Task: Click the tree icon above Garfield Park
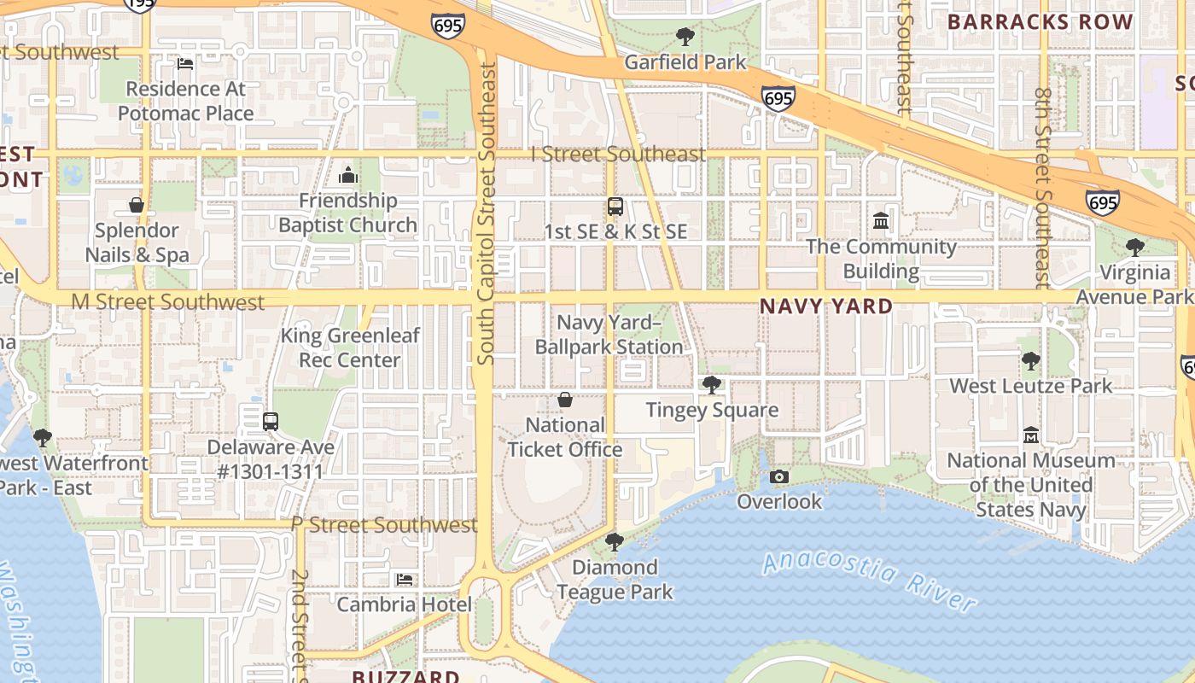click(685, 37)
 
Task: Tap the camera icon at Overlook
click(779, 477)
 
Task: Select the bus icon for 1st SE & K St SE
click(615, 207)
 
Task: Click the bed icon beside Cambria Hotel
click(405, 580)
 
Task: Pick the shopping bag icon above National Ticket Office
click(564, 400)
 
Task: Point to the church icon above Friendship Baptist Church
click(347, 176)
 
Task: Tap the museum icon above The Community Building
click(881, 222)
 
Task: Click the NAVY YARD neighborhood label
click(826, 306)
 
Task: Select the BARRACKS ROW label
click(1041, 22)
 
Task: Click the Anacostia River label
click(869, 581)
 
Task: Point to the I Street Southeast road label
click(618, 154)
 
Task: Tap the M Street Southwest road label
click(168, 302)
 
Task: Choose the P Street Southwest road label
click(384, 524)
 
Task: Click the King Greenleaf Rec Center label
click(350, 347)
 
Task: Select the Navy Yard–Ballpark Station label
click(609, 335)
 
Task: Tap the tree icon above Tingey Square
click(711, 385)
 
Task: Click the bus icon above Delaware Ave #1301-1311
click(271, 422)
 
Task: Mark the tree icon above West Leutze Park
click(1030, 361)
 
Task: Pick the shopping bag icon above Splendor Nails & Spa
click(137, 205)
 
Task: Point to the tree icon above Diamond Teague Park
click(614, 542)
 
